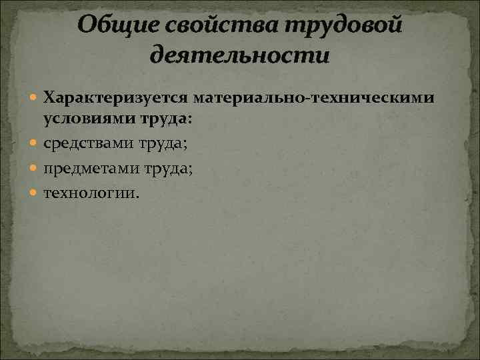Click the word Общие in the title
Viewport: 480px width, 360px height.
113,27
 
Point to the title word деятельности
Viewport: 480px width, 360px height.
240,55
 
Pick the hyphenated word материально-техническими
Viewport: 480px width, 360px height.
315,99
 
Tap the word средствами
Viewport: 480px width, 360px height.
89,143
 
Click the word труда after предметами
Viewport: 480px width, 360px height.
167,169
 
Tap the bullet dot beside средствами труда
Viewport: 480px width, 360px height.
35,144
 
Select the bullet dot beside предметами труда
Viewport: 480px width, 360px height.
35,169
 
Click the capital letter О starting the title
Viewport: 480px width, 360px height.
87,27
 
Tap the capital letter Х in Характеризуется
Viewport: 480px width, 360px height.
50,99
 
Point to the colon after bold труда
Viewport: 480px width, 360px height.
191,119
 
